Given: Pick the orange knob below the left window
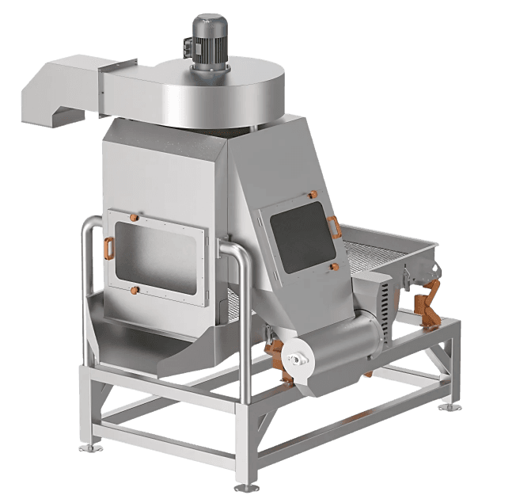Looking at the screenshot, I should click(x=135, y=289).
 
